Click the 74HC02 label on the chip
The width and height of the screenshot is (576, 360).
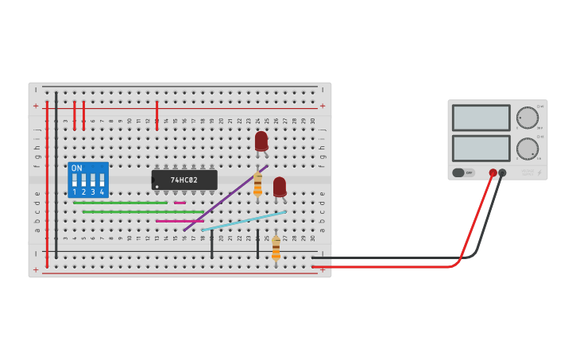point(184,180)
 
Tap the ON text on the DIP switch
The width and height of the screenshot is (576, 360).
point(76,168)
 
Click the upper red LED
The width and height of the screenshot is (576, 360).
point(261,141)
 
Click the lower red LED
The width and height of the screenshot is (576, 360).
point(280,186)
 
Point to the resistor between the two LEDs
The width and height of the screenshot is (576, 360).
point(257,184)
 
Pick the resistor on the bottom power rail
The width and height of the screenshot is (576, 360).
point(276,248)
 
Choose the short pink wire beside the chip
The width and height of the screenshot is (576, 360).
point(180,203)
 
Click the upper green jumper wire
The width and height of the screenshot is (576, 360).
point(119,203)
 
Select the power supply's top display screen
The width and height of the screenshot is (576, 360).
point(481,118)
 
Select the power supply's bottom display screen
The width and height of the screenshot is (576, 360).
point(481,148)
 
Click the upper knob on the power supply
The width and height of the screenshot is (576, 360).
point(527,118)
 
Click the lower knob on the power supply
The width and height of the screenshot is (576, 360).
point(527,149)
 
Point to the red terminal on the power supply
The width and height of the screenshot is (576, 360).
point(493,172)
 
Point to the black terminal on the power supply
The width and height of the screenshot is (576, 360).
point(502,172)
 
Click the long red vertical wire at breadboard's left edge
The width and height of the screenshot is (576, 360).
point(47,183)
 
